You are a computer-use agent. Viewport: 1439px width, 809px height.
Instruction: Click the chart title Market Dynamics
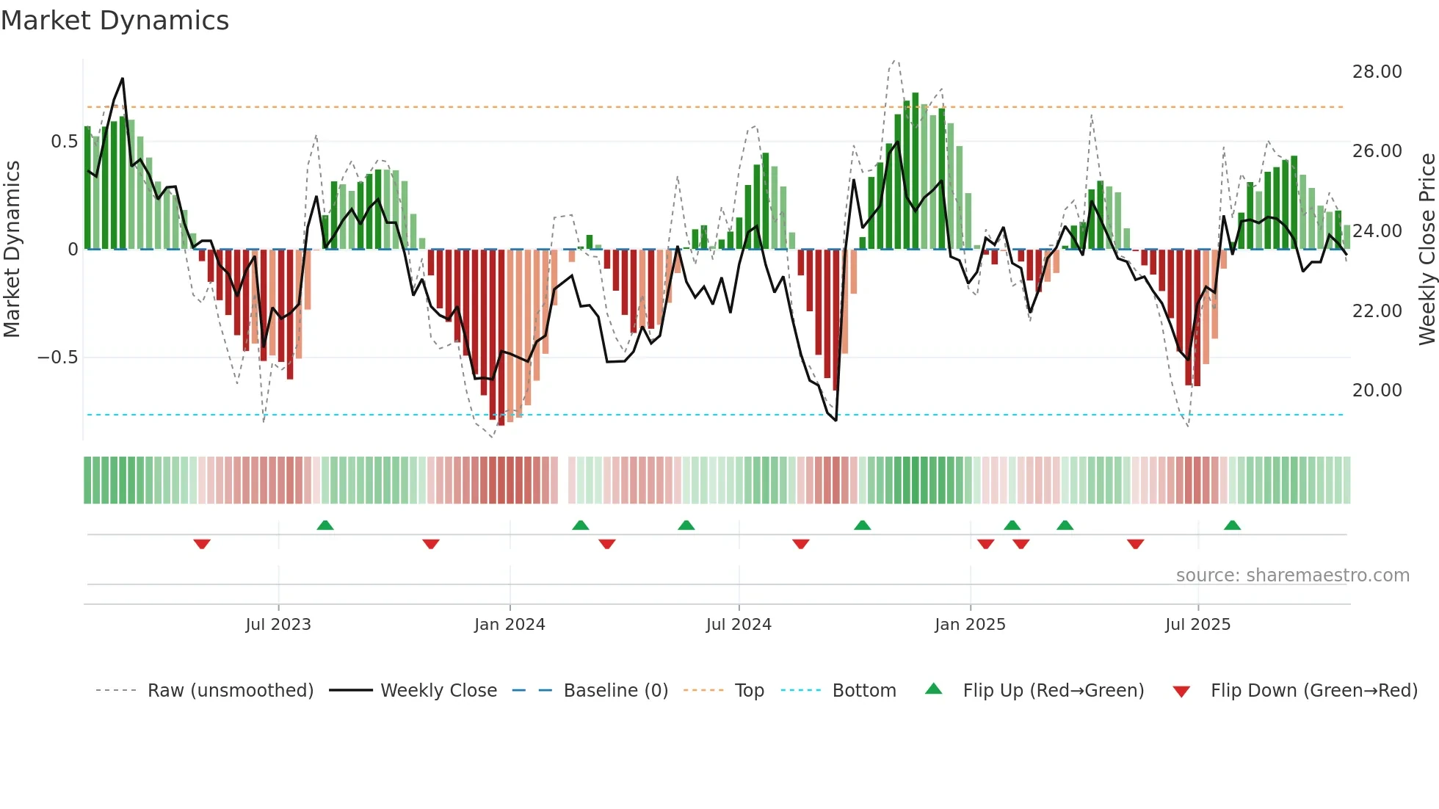point(115,21)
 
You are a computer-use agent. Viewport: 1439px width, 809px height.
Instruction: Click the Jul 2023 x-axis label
point(278,625)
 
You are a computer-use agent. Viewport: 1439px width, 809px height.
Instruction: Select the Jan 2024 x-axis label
point(510,625)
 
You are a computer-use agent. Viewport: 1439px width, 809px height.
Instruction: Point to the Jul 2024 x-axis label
point(739,625)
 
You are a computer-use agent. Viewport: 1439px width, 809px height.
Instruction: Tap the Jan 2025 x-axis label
point(970,625)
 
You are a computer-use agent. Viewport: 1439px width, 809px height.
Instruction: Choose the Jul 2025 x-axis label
point(1197,625)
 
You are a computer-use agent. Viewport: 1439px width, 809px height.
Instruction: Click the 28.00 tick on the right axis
point(1377,72)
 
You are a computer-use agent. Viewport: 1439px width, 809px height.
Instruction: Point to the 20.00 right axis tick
point(1377,391)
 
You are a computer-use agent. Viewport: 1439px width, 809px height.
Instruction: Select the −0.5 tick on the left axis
point(57,358)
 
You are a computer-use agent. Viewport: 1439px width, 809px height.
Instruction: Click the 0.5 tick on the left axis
point(64,142)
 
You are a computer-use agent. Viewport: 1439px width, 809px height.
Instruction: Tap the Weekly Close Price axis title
point(1427,250)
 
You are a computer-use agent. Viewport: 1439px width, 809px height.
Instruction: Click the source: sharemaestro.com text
point(1292,576)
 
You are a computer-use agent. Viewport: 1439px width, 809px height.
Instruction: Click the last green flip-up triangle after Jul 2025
point(1232,526)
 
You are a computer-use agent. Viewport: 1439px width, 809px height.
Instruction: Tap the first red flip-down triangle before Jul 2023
point(202,543)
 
